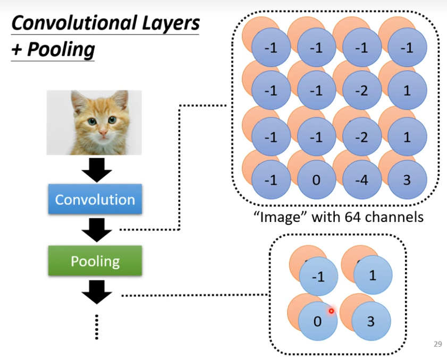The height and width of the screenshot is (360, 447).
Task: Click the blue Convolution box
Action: click(95, 200)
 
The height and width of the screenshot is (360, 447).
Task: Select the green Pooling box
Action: click(95, 261)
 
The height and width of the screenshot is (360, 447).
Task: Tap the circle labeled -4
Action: click(361, 179)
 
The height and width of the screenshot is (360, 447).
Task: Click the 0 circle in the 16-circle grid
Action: click(316, 179)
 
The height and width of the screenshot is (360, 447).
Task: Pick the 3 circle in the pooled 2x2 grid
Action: click(370, 321)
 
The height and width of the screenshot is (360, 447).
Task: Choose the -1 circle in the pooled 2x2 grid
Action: click(318, 277)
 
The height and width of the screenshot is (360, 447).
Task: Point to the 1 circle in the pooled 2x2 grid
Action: click(372, 276)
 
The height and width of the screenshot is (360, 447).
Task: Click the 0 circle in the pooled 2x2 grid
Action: click(317, 321)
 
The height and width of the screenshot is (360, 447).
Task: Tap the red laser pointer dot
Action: click(331, 311)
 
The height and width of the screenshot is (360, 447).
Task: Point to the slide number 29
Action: click(437, 344)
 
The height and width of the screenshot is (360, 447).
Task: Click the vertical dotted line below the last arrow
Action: click(96, 326)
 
